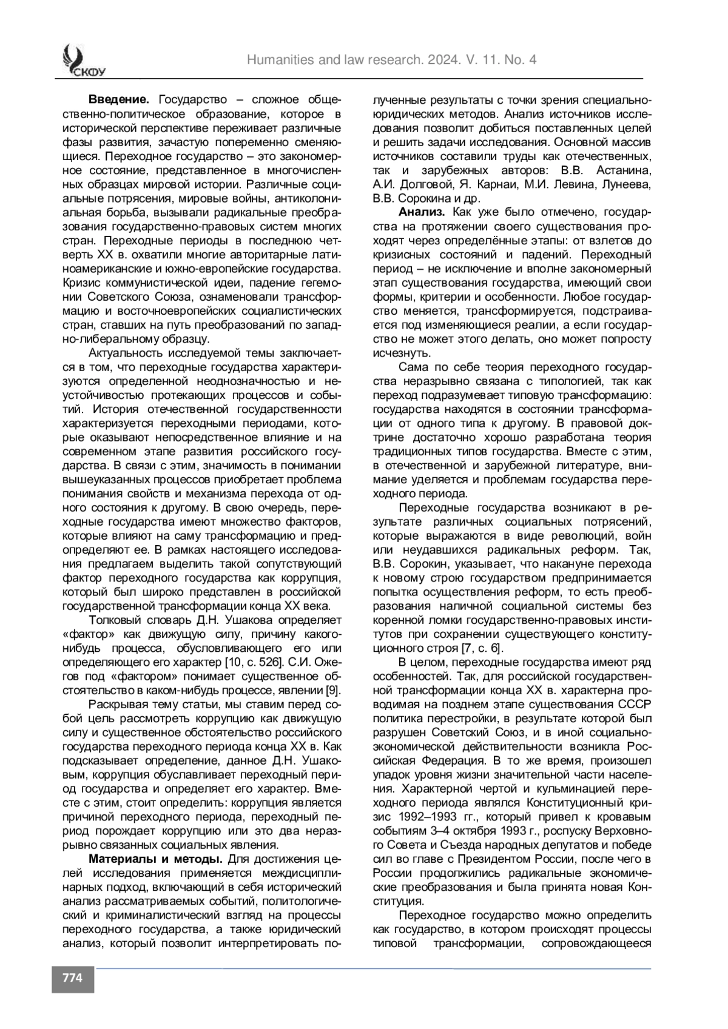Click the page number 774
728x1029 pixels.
72,978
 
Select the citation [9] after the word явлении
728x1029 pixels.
334,690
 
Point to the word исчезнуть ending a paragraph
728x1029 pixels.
396,353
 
